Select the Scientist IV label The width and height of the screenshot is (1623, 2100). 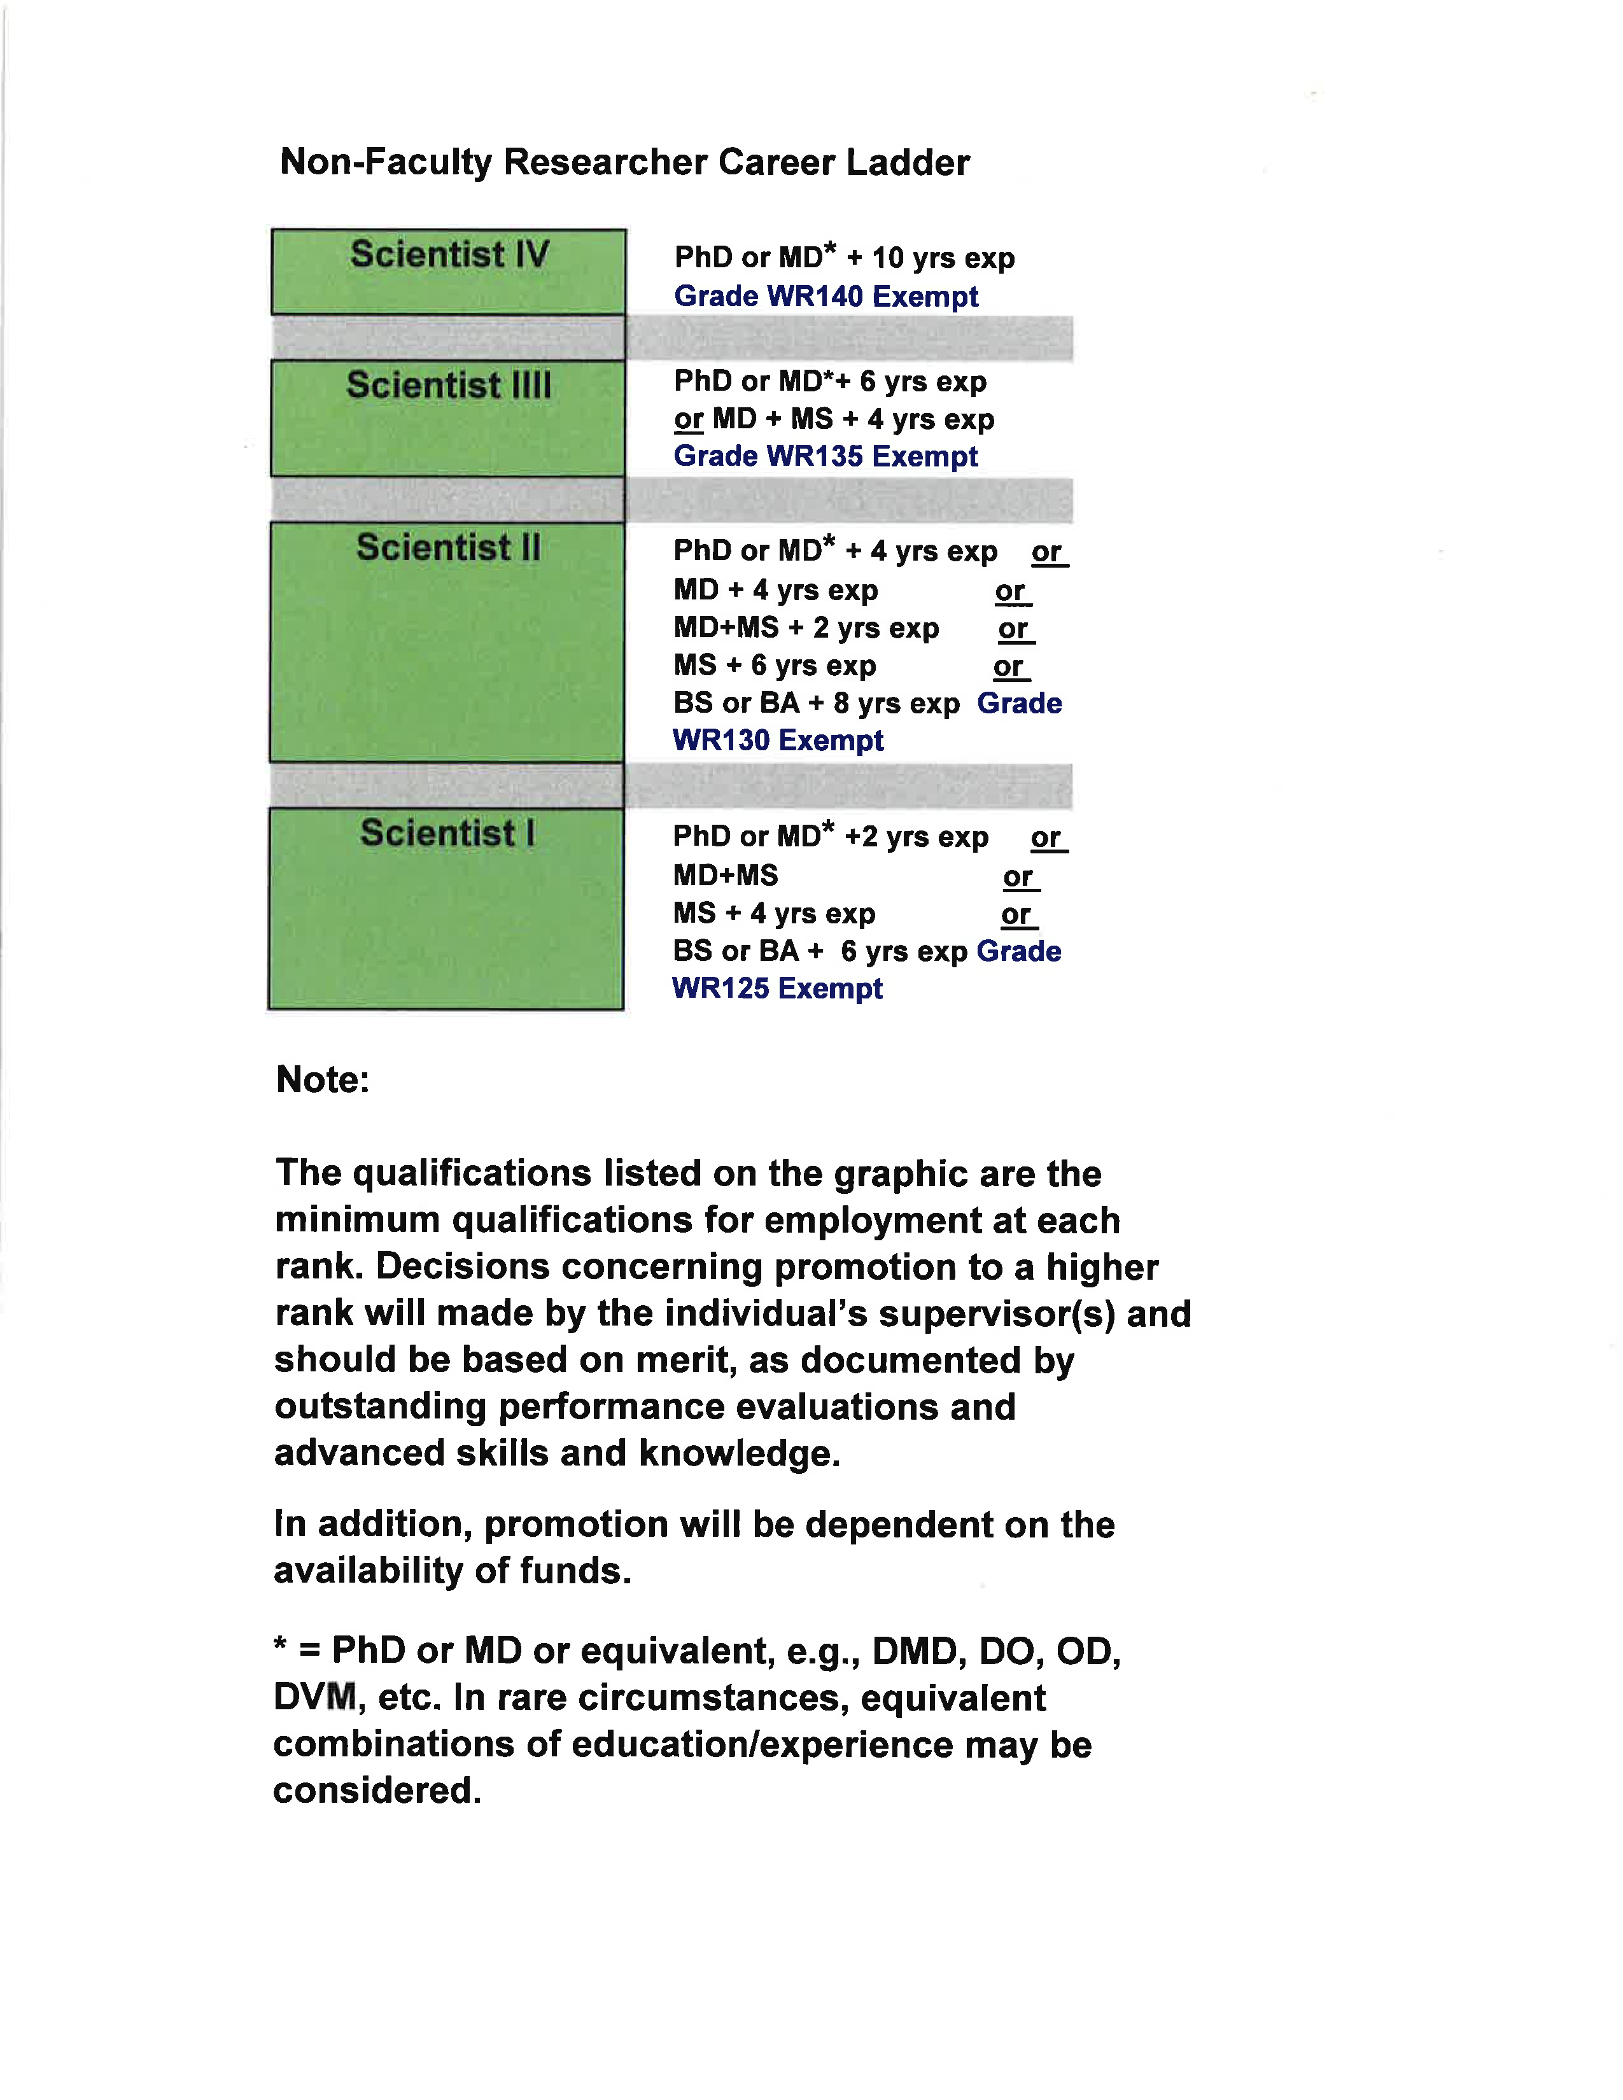(x=449, y=255)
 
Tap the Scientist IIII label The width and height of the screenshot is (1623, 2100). (x=449, y=386)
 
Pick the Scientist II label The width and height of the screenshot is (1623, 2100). (x=448, y=548)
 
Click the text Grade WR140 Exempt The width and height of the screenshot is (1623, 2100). (x=826, y=296)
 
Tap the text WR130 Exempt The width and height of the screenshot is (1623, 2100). (x=778, y=740)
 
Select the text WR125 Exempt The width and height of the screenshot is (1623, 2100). (x=777, y=988)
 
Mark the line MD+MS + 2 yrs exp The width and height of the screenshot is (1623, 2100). (x=806, y=628)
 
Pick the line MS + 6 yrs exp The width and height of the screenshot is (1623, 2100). (x=775, y=666)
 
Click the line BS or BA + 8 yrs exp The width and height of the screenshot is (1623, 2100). (x=817, y=704)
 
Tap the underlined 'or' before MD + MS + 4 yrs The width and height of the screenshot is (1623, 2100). (x=689, y=420)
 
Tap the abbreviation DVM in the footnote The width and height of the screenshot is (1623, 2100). (x=315, y=1698)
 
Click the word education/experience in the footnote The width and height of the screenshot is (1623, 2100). (x=761, y=1745)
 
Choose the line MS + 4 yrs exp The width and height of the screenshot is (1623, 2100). (x=774, y=913)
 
